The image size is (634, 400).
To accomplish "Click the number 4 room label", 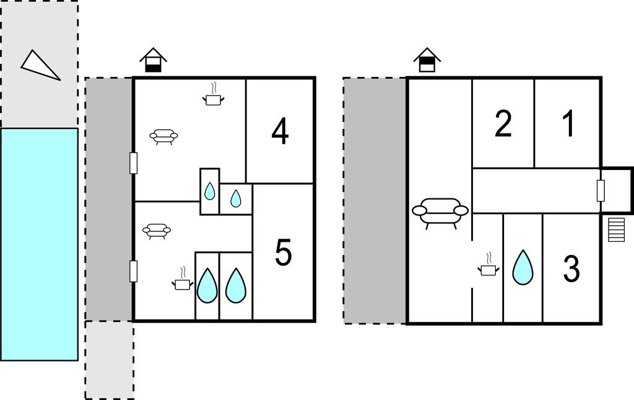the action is click(x=280, y=131).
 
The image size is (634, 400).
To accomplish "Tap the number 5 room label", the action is click(x=283, y=252).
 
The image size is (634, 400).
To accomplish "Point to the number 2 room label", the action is click(x=503, y=123).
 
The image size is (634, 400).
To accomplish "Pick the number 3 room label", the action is click(x=571, y=269).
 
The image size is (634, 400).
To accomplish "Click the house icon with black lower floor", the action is click(x=154, y=60).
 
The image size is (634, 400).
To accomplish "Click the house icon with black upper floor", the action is click(x=427, y=60).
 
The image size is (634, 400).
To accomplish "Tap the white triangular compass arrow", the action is click(x=40, y=65).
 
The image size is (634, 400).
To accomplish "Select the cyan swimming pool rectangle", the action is click(x=39, y=244).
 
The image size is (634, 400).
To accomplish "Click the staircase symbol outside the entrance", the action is click(x=617, y=229).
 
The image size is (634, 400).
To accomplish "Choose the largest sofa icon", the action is click(x=440, y=212).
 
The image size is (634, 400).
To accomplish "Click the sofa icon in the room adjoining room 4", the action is click(x=163, y=136).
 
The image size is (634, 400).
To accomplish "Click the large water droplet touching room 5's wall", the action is click(x=235, y=285).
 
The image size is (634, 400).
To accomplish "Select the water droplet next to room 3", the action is click(x=523, y=267).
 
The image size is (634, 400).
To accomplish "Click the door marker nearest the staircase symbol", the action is click(x=601, y=190).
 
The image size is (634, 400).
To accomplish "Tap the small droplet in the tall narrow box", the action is click(x=209, y=191).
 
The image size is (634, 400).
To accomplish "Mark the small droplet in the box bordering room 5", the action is click(x=235, y=198).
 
